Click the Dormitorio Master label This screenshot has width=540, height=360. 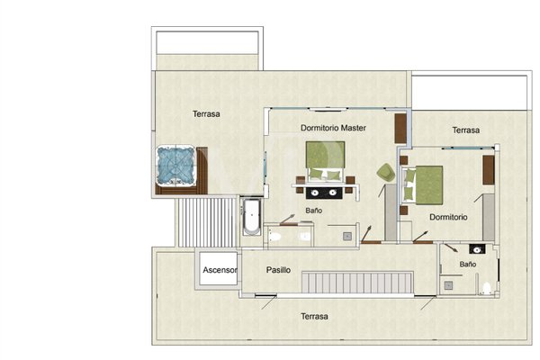[333, 128]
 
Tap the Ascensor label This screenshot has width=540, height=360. [220, 270]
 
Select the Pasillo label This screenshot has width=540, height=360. [278, 270]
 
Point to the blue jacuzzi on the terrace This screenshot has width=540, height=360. [175, 165]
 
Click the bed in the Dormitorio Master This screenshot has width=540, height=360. [326, 161]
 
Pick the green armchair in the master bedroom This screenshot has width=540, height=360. [386, 172]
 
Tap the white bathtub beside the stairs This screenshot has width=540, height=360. [251, 217]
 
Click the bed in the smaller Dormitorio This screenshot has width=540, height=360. [424, 185]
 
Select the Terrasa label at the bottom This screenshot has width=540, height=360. [314, 316]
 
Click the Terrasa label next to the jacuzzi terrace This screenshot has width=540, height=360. [206, 114]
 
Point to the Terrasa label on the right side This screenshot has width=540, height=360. [466, 130]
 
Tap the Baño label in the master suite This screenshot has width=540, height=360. [314, 211]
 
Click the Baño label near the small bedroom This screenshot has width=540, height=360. [468, 265]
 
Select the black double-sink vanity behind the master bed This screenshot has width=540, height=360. [324, 193]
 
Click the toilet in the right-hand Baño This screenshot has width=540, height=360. [486, 288]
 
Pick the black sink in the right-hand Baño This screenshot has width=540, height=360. [477, 249]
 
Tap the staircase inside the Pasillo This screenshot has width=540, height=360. [357, 283]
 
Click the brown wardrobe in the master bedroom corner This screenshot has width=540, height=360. [400, 128]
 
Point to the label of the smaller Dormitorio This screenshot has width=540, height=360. [448, 218]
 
